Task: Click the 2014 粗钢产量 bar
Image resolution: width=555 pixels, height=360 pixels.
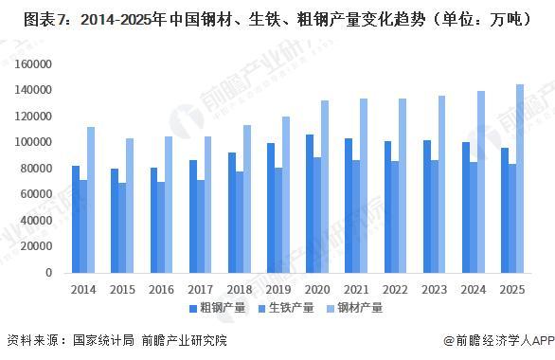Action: [x=76, y=219]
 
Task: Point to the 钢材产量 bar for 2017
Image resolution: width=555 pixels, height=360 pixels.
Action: [x=208, y=205]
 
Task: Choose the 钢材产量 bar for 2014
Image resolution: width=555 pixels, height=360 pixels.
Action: [x=91, y=200]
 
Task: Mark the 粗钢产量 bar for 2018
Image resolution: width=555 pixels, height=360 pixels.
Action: [x=231, y=212]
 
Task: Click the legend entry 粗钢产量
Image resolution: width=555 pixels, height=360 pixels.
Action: [x=224, y=308]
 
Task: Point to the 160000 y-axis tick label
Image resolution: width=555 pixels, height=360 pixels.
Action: [x=34, y=63]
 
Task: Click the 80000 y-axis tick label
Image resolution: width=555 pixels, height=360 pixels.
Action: [x=37, y=169]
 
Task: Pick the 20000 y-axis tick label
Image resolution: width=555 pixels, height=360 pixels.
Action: [x=37, y=246]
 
